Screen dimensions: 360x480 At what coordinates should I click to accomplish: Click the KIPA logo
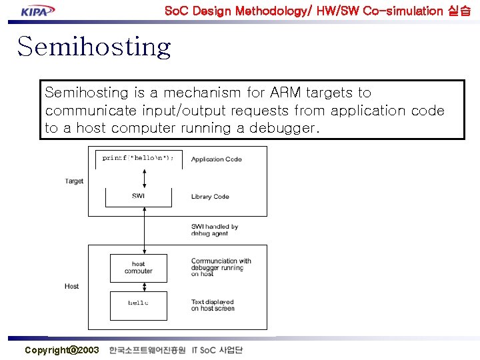coord(37,10)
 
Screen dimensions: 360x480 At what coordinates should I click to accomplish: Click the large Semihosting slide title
coord(94,47)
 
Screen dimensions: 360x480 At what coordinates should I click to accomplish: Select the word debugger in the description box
coord(284,128)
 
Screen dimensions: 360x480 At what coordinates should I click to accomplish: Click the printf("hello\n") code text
coord(138,158)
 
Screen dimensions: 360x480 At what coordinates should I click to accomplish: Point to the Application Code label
coord(216,159)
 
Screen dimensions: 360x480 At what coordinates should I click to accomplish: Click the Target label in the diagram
coord(74,181)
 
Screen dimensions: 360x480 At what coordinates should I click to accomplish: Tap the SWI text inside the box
coord(138,196)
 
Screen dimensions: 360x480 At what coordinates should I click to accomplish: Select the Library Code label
coord(210,197)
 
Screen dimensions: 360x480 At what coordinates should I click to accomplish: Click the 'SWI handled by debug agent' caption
coord(214,230)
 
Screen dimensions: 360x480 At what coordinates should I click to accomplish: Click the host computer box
coord(138,268)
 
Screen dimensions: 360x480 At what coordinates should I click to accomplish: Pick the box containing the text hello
coord(138,305)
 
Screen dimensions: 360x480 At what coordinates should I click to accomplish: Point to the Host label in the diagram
coord(71,286)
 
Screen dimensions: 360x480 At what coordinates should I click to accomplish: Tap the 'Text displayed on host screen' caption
coord(213,305)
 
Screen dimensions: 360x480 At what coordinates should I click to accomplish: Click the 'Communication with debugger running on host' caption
coord(221,267)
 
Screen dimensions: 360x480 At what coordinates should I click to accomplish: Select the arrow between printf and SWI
coord(144,177)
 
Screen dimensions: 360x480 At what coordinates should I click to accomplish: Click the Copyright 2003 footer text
coord(61,350)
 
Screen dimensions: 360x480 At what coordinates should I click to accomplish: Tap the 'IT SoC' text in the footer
coord(203,350)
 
